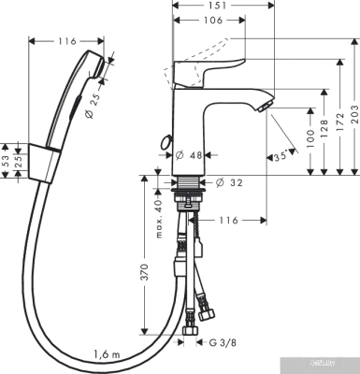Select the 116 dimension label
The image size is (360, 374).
point(230,218)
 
